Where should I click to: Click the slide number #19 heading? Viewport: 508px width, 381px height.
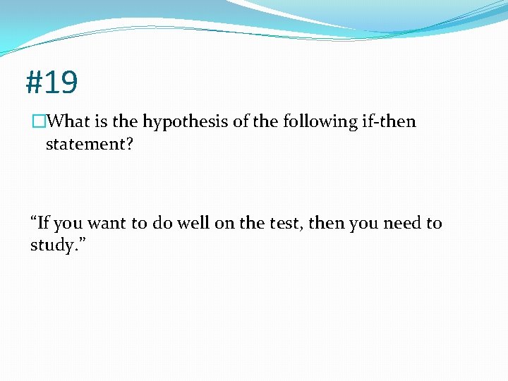point(52,83)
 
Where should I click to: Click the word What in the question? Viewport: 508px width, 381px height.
point(71,122)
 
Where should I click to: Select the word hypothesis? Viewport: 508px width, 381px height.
point(186,122)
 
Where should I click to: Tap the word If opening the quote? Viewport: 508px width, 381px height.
point(43,224)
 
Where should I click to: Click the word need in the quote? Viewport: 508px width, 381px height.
point(399,224)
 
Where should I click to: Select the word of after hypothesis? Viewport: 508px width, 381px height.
point(241,122)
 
